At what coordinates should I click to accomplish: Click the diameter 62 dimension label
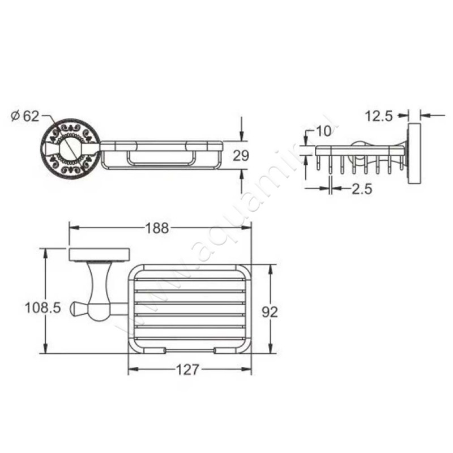point(25,116)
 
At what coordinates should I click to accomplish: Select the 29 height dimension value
point(241,156)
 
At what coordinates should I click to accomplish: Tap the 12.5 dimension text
point(379,116)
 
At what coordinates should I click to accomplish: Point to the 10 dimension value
point(324,131)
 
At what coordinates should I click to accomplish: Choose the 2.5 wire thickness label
point(362,190)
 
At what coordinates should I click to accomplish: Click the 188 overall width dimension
point(157,228)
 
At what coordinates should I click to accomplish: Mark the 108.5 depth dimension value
point(43,307)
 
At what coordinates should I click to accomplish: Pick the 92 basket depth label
point(270,312)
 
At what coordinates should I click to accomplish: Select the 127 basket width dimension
point(187,370)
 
